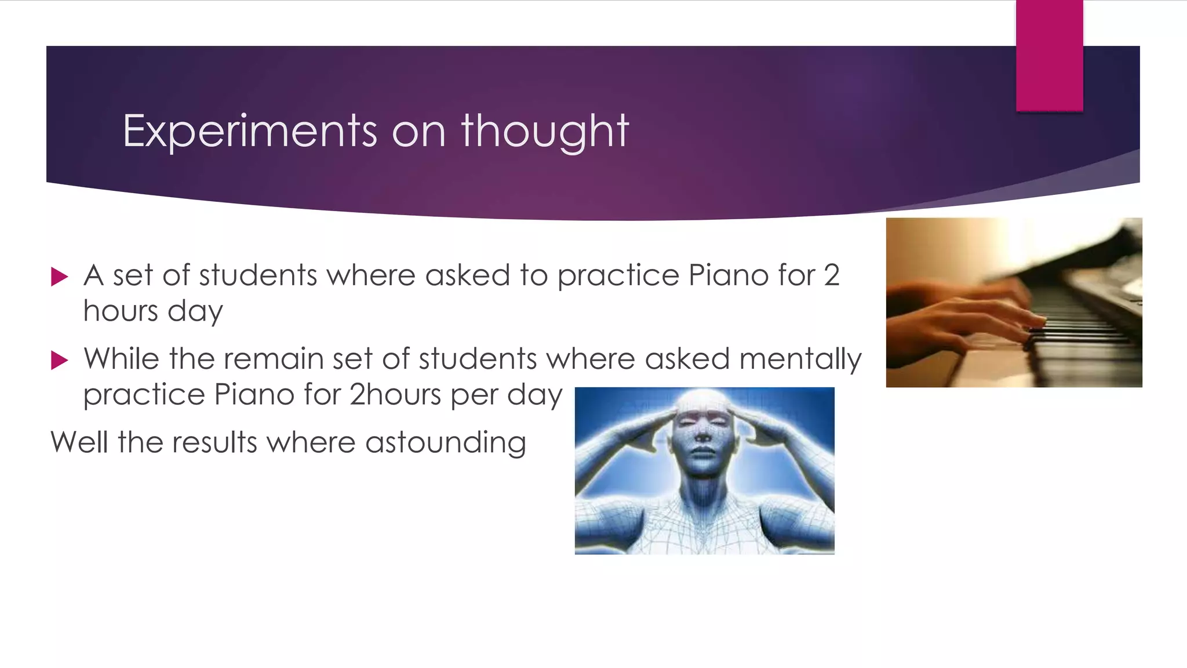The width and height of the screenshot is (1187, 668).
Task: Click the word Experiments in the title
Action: point(250,131)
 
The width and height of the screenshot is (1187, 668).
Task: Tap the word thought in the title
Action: point(545,131)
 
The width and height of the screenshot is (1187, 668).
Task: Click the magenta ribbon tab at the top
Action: point(1049,55)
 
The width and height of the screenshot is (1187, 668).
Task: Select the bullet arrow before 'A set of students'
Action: point(59,277)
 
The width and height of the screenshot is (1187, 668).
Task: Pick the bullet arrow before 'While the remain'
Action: point(59,360)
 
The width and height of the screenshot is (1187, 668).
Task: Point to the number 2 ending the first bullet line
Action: point(831,275)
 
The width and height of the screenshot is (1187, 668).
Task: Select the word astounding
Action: point(445,442)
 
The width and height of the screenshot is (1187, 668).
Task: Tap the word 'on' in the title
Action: point(418,131)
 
